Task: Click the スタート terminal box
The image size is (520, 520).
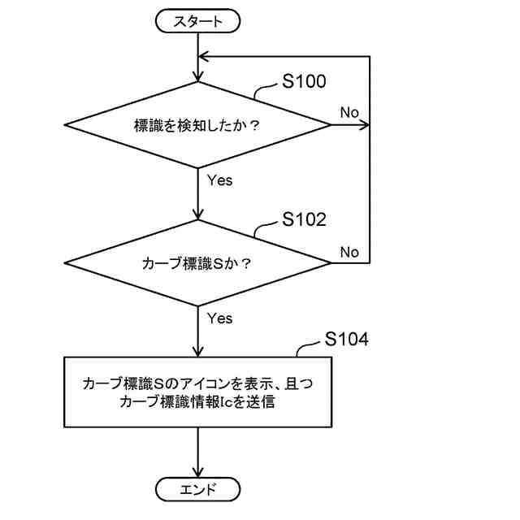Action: coord(198,22)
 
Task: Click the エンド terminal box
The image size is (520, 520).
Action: coord(198,489)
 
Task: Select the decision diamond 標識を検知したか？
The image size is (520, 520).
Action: coord(198,125)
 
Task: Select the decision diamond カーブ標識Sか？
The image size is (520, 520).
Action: coord(198,263)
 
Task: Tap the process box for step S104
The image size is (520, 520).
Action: coord(198,392)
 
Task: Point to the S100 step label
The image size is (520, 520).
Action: coord(304,81)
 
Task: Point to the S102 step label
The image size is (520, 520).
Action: coord(304,219)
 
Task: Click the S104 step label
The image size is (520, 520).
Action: coord(346,340)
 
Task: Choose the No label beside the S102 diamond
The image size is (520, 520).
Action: coord(349,252)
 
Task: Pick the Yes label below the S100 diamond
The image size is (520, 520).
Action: coord(219,180)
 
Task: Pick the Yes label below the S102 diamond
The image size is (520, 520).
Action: coord(219,318)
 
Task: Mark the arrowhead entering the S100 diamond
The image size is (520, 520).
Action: coord(198,76)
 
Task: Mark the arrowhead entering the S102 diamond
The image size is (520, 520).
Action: coord(198,214)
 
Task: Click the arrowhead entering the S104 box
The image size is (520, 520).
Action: coord(198,350)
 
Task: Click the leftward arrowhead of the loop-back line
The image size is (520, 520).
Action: coord(205,57)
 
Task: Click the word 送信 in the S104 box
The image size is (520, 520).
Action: coord(262,401)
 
